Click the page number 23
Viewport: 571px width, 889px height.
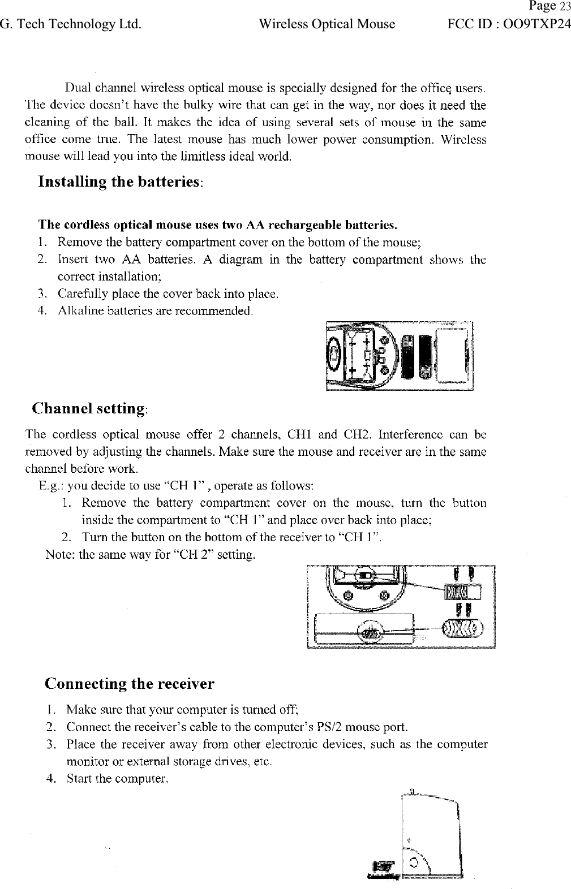point(565,7)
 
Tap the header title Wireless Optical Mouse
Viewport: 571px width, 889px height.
point(327,24)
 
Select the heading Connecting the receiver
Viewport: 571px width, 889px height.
point(130,684)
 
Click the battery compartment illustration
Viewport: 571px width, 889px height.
point(400,356)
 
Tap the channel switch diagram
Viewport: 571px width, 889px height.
point(400,607)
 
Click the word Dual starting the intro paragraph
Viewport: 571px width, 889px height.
point(78,88)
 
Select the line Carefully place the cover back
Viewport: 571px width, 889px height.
point(169,294)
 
